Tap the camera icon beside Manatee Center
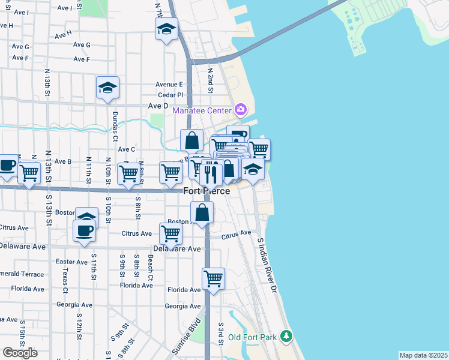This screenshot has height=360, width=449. (241, 109)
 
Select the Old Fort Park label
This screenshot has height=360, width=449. (252, 337)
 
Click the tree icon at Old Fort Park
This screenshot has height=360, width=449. (287, 335)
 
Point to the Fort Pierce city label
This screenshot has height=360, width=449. (206, 191)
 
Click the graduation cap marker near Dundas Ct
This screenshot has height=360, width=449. (108, 88)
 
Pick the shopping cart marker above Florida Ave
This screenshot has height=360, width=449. (213, 278)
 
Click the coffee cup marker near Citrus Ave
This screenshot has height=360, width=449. (84, 230)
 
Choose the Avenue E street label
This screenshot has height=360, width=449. (169, 85)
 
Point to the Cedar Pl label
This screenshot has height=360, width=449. (170, 95)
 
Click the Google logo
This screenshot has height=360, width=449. (20, 352)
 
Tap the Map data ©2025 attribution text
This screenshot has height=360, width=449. (423, 355)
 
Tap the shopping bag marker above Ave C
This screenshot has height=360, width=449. (191, 140)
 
